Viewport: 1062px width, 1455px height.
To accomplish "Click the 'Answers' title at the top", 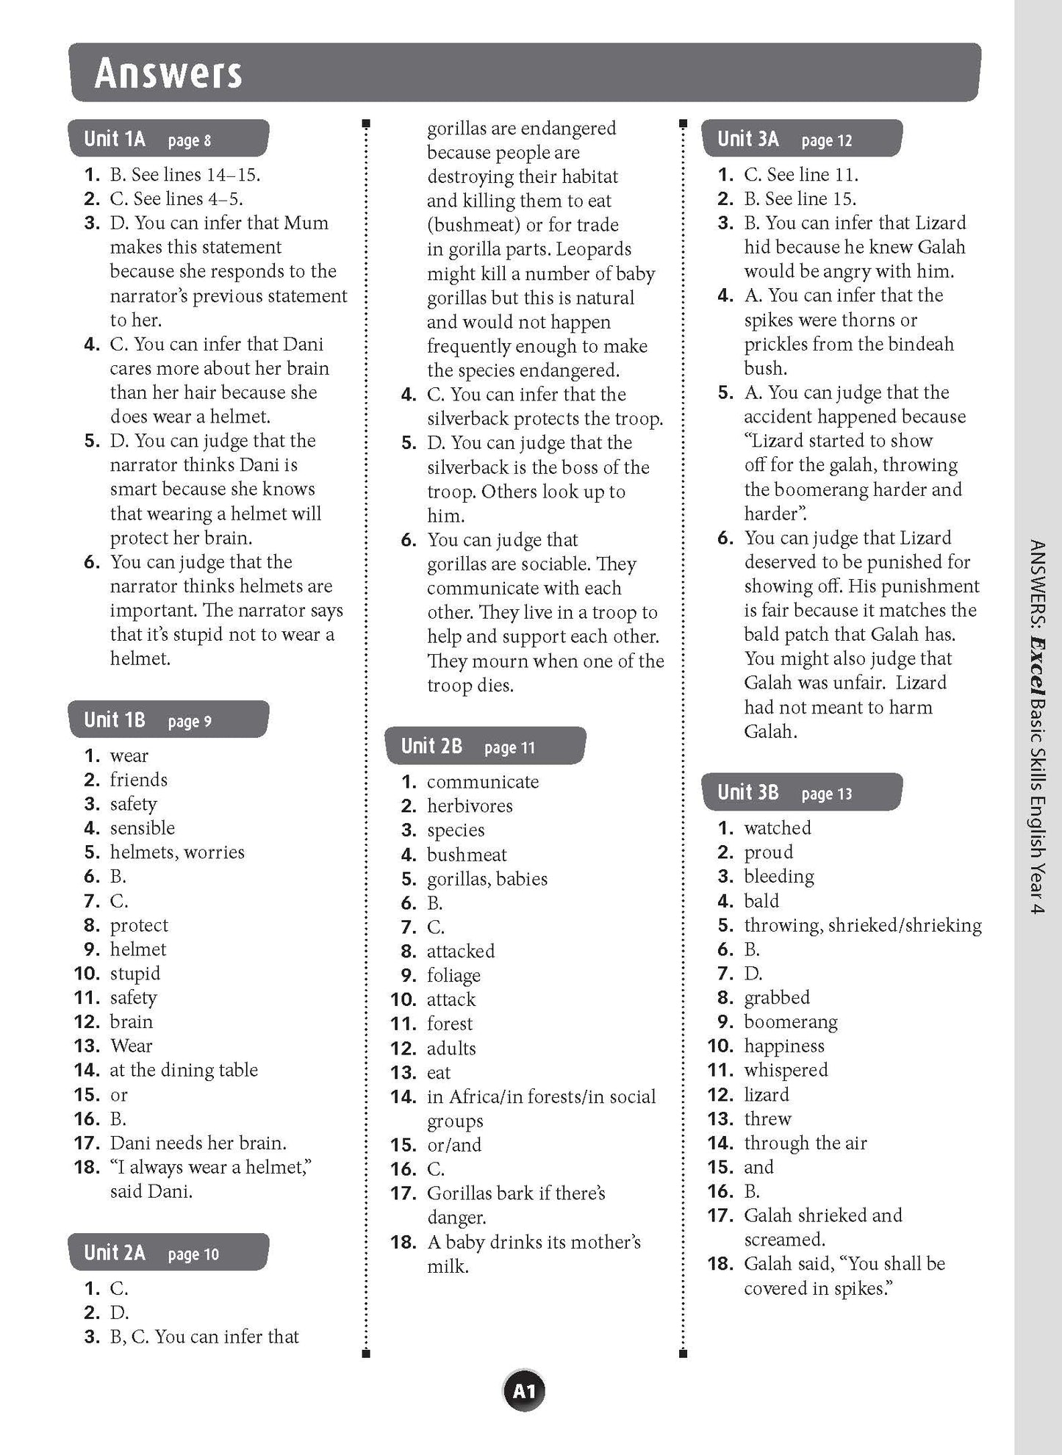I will click(168, 73).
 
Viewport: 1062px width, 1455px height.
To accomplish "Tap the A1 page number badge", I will click(524, 1391).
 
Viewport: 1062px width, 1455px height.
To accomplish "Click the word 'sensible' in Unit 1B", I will click(143, 828).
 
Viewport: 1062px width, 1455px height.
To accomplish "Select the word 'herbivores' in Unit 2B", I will click(470, 806).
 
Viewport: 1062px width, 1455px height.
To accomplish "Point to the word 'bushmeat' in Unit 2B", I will click(467, 855).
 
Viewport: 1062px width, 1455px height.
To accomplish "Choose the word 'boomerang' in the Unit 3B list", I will click(791, 1022).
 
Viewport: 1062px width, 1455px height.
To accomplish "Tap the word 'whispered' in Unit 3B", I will click(786, 1070).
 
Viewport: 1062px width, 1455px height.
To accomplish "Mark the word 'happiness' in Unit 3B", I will click(784, 1046).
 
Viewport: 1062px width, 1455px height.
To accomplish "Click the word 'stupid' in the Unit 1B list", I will click(135, 974).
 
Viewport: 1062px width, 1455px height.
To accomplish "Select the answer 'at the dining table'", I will click(184, 1070).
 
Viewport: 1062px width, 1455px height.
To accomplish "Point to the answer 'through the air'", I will click(806, 1143).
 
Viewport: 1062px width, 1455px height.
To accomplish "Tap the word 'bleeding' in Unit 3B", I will click(779, 877).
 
